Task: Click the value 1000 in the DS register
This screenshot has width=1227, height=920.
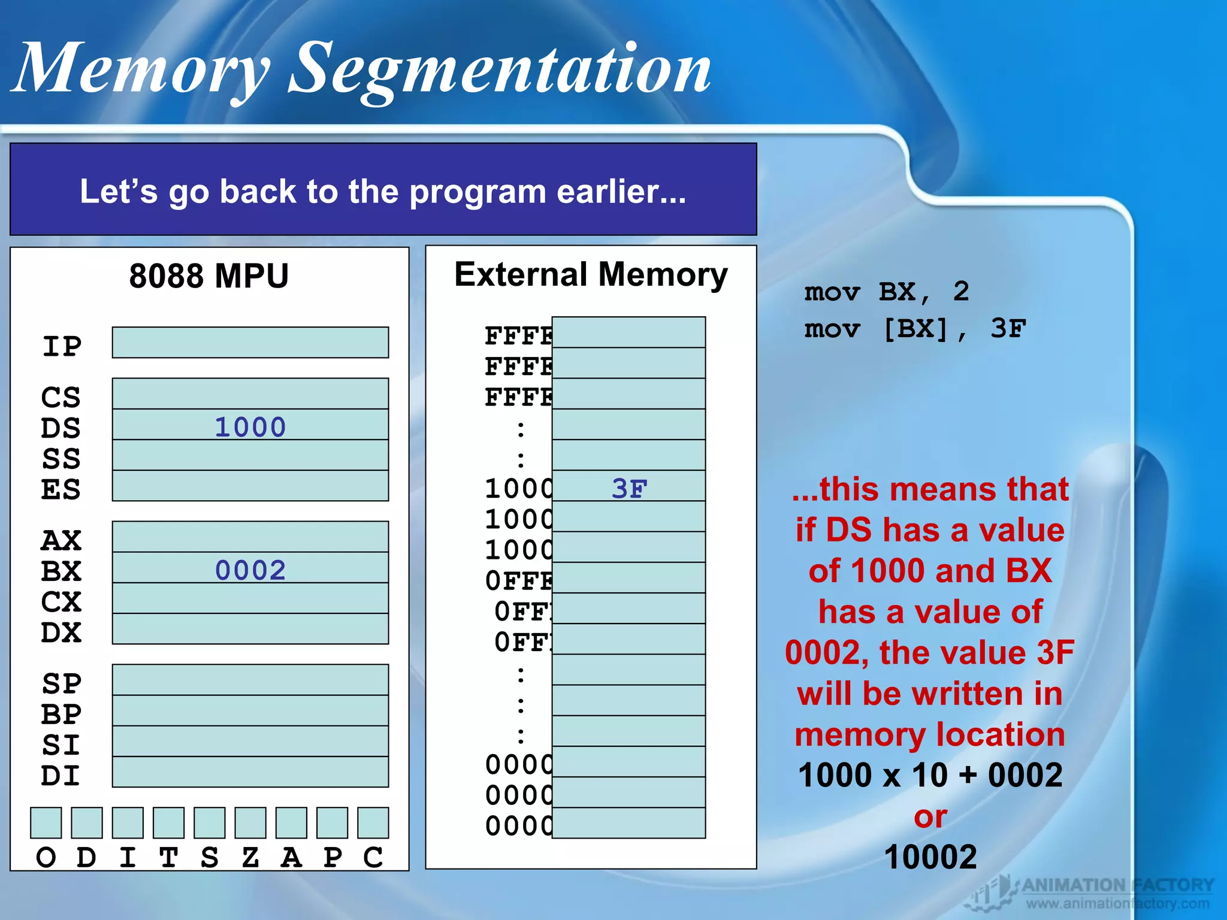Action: [250, 427]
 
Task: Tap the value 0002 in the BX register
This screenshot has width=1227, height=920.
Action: [250, 570]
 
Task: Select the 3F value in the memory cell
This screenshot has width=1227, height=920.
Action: [629, 488]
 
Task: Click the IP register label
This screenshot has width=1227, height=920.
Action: [62, 346]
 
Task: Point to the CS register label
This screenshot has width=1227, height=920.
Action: [61, 397]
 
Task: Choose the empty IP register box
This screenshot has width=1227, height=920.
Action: [250, 343]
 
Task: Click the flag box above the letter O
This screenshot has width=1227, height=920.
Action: [46, 822]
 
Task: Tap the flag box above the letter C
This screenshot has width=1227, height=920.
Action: [373, 822]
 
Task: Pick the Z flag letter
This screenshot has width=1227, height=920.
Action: [250, 858]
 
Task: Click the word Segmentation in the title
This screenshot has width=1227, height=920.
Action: [500, 69]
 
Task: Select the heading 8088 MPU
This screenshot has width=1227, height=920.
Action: [209, 276]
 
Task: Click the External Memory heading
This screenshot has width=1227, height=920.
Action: [591, 275]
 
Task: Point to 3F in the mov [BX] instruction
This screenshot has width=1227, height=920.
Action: [1008, 328]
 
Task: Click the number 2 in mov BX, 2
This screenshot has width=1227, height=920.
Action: [961, 292]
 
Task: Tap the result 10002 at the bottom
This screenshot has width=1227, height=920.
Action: [930, 857]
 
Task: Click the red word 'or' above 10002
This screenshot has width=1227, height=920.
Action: [930, 817]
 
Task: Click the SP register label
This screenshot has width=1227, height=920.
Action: [62, 683]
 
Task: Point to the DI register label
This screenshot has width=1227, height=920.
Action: [61, 776]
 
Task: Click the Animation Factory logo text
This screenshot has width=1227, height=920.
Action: [1117, 885]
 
